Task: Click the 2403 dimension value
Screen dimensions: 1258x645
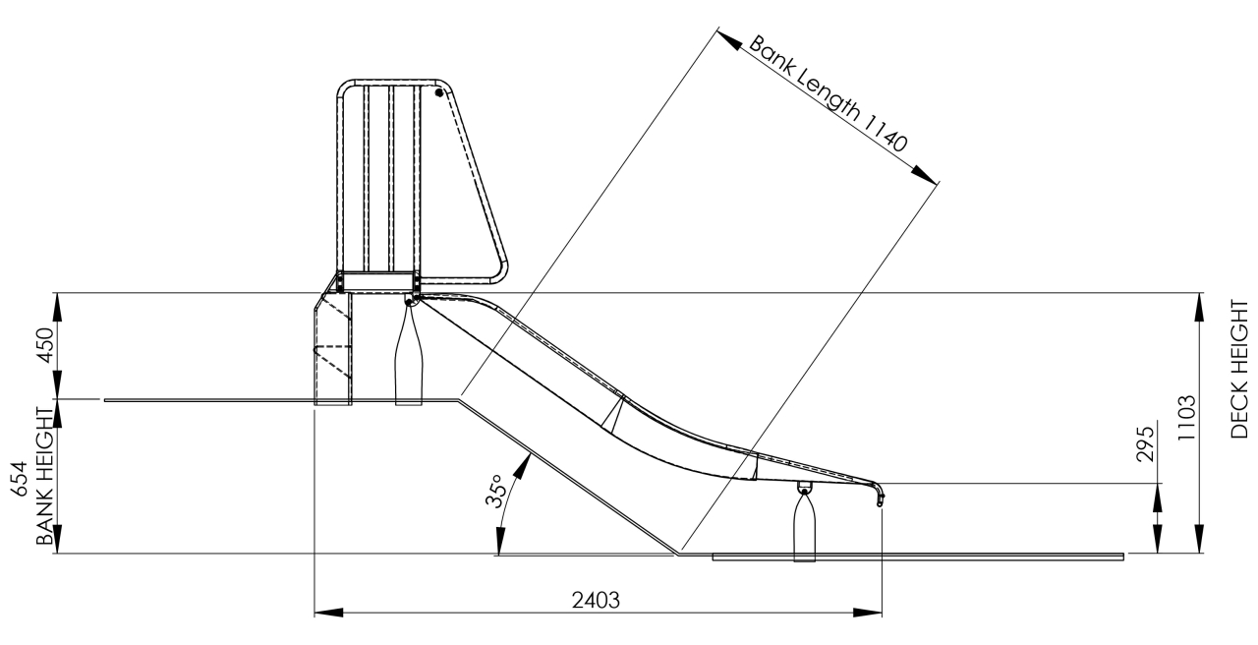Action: (596, 601)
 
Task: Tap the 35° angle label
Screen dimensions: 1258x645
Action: (494, 491)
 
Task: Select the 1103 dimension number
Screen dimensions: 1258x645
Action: (1186, 418)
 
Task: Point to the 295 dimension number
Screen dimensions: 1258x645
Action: (1145, 443)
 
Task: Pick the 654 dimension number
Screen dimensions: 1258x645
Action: (19, 479)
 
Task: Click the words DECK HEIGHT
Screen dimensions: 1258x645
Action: (1239, 369)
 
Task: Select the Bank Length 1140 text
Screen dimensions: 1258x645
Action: (828, 93)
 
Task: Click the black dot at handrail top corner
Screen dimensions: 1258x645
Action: (439, 92)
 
